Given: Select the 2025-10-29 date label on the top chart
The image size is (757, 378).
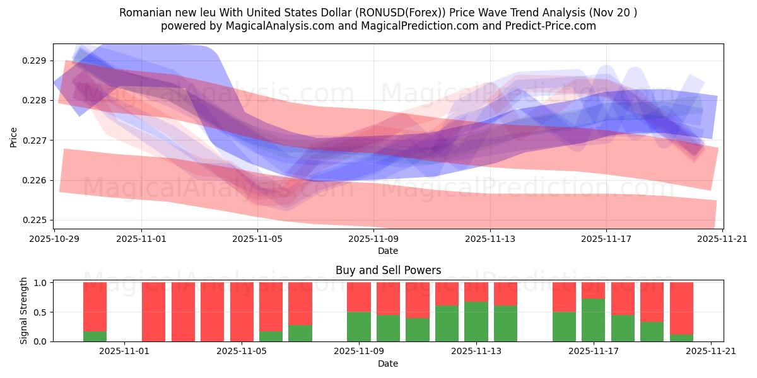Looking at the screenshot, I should tap(55, 239).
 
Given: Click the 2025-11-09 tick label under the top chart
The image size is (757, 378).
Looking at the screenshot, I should tap(373, 239).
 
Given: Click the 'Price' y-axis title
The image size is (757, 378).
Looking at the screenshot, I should tap(14, 137).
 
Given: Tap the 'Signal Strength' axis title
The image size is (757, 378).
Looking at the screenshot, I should tap(23, 311).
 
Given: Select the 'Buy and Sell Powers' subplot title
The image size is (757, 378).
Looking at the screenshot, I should tap(387, 271).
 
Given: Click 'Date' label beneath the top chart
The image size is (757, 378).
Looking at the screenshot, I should tap(387, 251).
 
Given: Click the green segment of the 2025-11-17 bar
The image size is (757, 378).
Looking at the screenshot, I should tap(593, 320).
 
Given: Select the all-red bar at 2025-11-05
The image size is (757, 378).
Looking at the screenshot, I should tap(242, 312).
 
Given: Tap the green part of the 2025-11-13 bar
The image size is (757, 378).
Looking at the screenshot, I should tap(476, 321).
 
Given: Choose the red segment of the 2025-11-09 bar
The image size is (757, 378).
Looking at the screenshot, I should tap(358, 297).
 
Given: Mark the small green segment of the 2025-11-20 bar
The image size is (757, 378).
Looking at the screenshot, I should tap(681, 338).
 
